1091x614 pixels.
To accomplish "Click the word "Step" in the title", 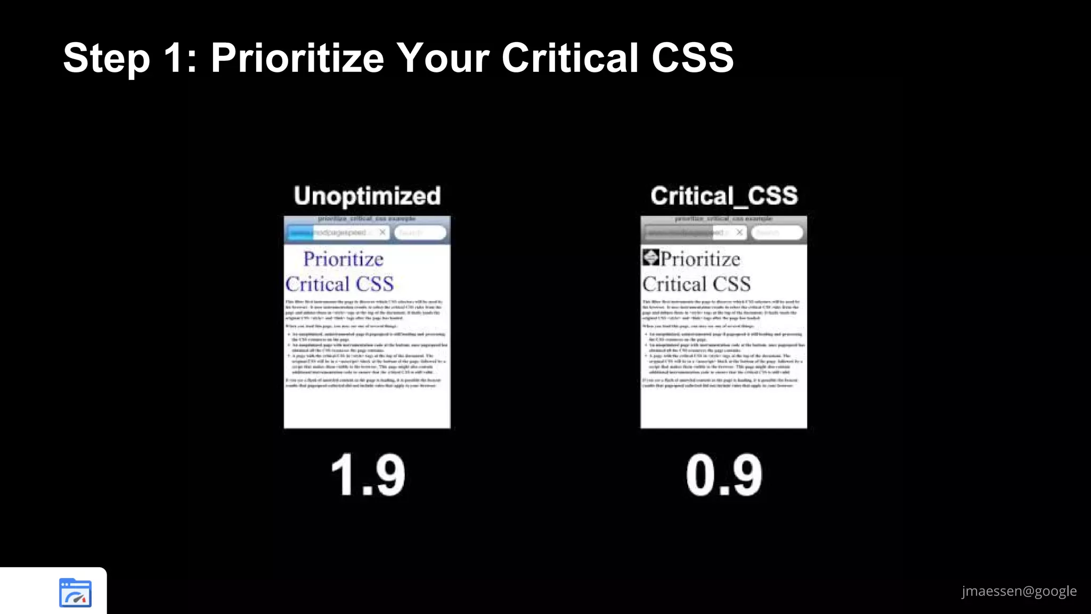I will (x=107, y=59).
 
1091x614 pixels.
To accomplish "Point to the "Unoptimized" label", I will (x=367, y=196).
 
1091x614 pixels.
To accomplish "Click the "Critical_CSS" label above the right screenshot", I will (x=724, y=196).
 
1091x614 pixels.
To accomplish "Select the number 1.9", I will (x=368, y=475).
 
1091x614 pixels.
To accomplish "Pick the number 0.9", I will (x=724, y=475).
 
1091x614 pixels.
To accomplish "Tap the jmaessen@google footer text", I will (x=1019, y=591).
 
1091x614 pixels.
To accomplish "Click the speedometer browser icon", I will (x=75, y=593).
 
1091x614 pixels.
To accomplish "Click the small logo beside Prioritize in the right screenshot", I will (x=650, y=257).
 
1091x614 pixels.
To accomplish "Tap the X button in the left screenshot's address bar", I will (x=382, y=232).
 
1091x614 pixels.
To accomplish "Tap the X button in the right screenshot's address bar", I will (x=739, y=232).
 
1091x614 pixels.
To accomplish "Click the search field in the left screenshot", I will (x=420, y=233).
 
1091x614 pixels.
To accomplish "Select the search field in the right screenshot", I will (x=777, y=233).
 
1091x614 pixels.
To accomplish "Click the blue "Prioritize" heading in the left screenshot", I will (x=344, y=259).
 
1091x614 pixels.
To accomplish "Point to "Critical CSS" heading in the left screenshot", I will (x=339, y=284).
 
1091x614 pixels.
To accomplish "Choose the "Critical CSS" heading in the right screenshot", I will (x=696, y=284).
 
